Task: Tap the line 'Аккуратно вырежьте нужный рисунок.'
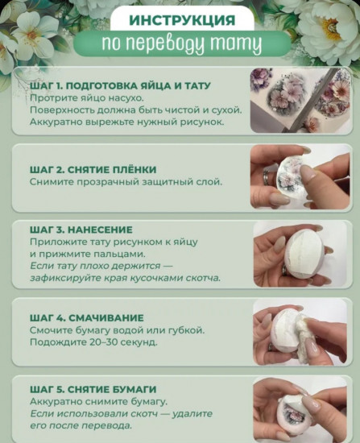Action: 126,122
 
